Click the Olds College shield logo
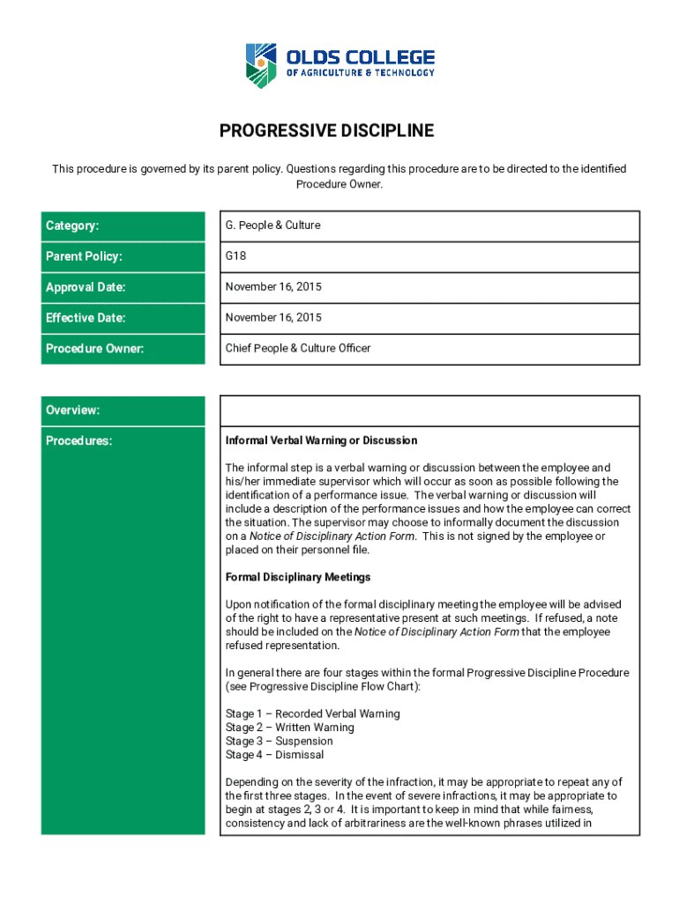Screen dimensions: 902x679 click(263, 66)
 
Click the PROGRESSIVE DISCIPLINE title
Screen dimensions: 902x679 click(326, 131)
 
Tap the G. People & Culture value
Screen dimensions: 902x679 click(273, 225)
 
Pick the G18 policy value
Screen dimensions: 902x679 click(235, 256)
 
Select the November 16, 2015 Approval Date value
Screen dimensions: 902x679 click(273, 287)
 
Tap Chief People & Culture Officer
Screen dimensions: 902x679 click(298, 348)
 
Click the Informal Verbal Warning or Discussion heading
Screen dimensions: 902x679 click(321, 440)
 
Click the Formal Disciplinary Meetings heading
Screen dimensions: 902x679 click(298, 577)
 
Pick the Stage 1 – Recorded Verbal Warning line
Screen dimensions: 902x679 click(312, 713)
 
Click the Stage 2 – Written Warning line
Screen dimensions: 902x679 click(289, 728)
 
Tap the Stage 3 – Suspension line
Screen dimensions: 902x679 click(279, 741)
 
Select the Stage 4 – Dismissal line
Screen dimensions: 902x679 click(274, 755)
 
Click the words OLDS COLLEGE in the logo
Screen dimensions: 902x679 click(360, 57)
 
